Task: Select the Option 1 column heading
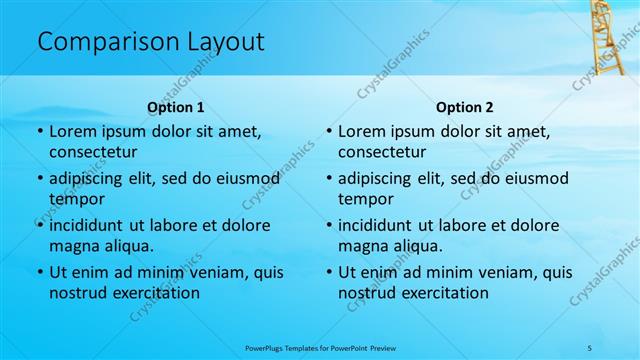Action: [176, 107]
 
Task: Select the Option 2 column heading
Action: [465, 107]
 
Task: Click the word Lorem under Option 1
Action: [71, 131]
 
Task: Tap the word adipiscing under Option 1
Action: [92, 179]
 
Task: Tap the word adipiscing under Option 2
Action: [381, 179]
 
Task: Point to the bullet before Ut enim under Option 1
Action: [39, 272]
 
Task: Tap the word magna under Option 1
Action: [73, 246]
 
